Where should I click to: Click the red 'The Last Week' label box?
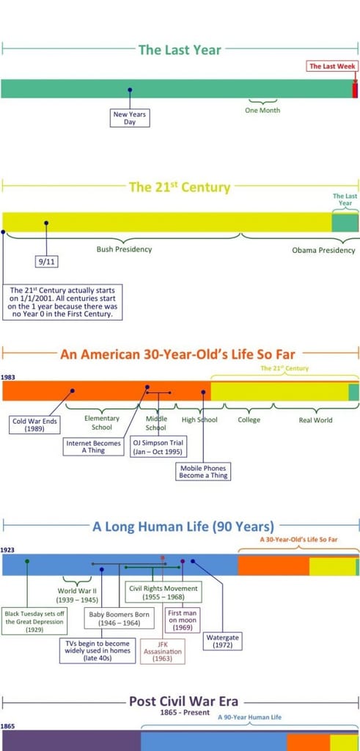click(331, 66)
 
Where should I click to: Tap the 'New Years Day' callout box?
click(130, 118)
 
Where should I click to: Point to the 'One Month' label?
click(262, 110)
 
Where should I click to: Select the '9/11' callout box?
click(46, 262)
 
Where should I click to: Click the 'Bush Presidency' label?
click(124, 249)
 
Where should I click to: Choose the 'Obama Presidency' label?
click(323, 250)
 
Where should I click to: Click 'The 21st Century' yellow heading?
click(180, 187)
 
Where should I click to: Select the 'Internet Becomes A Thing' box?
click(93, 447)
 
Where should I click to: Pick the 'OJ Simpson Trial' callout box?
click(158, 447)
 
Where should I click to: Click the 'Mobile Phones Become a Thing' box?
click(203, 472)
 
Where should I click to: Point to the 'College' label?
click(249, 420)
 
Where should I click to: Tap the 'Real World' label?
click(315, 420)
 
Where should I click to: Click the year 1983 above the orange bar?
click(7, 378)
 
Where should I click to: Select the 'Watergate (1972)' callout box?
click(222, 641)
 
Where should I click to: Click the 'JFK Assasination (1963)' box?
click(163, 651)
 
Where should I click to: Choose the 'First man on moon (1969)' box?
click(182, 620)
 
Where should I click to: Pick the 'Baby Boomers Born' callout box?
click(119, 619)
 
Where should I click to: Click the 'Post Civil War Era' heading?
click(183, 702)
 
